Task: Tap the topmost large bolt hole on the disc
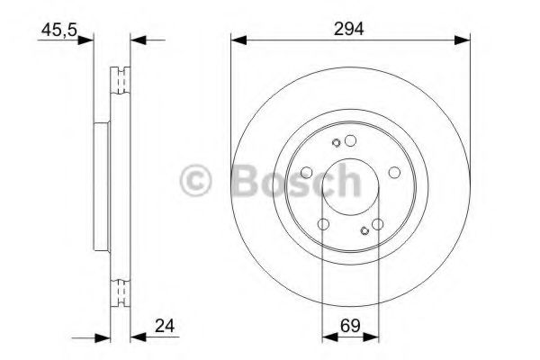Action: [351, 139]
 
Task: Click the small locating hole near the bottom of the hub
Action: [364, 230]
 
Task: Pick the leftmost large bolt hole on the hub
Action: [307, 172]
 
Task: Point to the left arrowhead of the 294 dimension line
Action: [237, 39]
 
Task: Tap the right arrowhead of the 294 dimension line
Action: [465, 39]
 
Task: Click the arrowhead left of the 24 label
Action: [137, 337]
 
